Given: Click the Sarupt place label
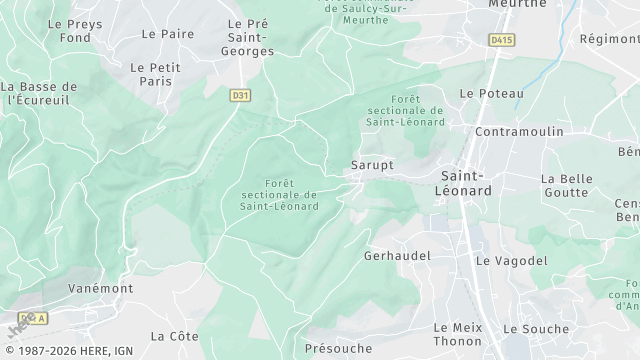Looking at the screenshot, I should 372,164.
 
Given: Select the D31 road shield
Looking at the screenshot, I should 238,95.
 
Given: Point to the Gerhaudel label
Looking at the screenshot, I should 398,255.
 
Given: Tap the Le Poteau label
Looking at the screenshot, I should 491,93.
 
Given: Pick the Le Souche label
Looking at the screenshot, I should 535,328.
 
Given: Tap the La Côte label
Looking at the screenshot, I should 174,335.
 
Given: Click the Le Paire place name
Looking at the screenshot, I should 168,33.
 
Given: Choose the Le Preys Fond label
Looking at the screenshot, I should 69,30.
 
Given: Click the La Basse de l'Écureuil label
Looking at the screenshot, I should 39,93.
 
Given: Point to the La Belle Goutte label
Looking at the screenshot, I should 567,185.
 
